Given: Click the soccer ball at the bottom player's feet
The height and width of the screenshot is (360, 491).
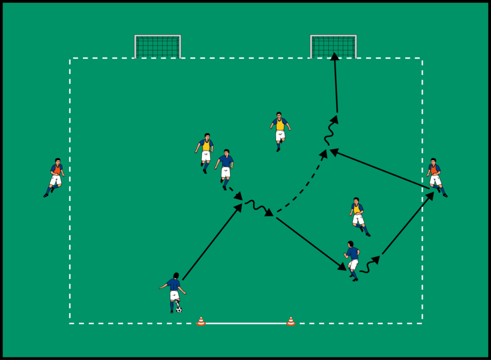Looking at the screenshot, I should pyautogui.click(x=179, y=310).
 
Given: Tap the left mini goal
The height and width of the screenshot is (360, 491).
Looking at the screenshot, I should pyautogui.click(x=158, y=47).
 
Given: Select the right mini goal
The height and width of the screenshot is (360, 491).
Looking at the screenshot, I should pyautogui.click(x=333, y=47).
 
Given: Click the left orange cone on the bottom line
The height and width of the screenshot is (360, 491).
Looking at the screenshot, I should pyautogui.click(x=201, y=322).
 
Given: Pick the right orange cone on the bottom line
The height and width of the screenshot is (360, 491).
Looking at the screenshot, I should pyautogui.click(x=291, y=322).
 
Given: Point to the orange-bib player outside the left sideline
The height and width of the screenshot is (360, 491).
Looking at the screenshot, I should pyautogui.click(x=55, y=178).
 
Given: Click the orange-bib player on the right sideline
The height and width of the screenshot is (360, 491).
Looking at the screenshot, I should pyautogui.click(x=436, y=178).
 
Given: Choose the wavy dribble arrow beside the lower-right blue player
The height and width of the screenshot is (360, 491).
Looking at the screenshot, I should pyautogui.click(x=369, y=265).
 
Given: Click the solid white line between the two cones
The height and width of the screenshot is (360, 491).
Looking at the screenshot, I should pyautogui.click(x=246, y=323).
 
